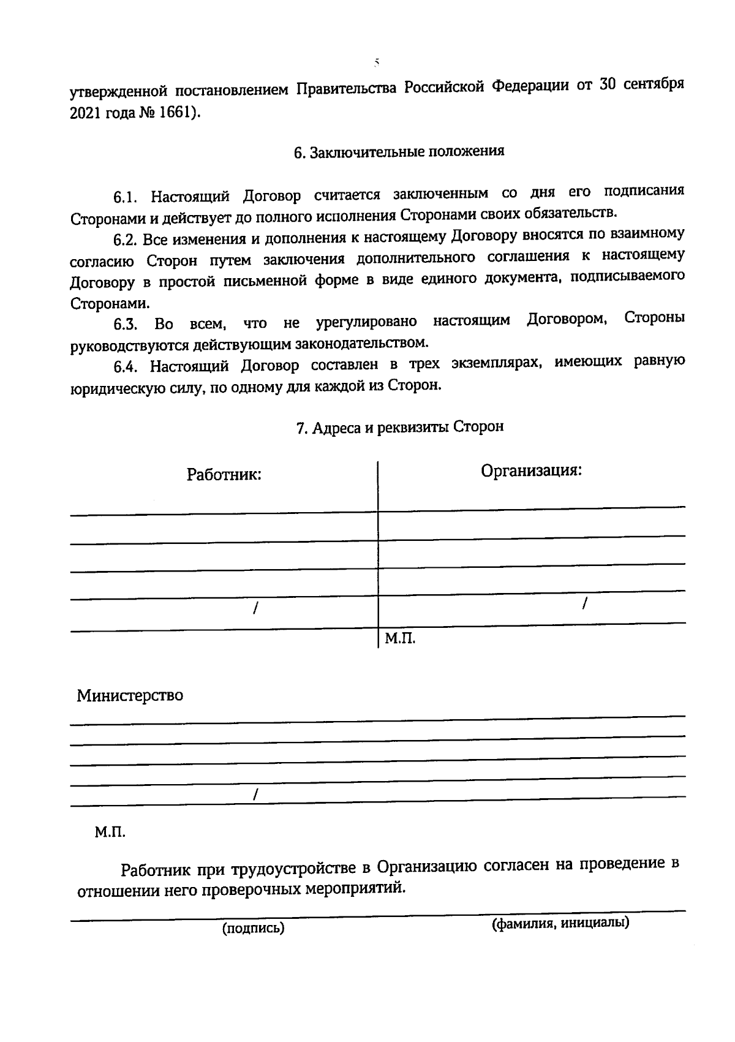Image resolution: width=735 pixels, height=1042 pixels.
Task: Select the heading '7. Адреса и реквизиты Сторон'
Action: tap(399, 428)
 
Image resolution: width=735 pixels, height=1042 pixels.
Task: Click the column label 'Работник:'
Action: tap(224, 475)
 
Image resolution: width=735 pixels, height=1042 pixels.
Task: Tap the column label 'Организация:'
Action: tap(530, 470)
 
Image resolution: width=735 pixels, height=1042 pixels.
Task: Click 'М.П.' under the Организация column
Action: tap(400, 640)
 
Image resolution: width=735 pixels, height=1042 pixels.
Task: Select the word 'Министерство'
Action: tap(130, 696)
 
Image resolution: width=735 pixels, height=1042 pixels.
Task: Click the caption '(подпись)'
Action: tap(254, 928)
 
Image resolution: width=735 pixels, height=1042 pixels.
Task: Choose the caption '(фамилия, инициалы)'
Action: tap(560, 923)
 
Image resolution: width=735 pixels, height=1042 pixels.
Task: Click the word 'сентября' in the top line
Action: tap(654, 85)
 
